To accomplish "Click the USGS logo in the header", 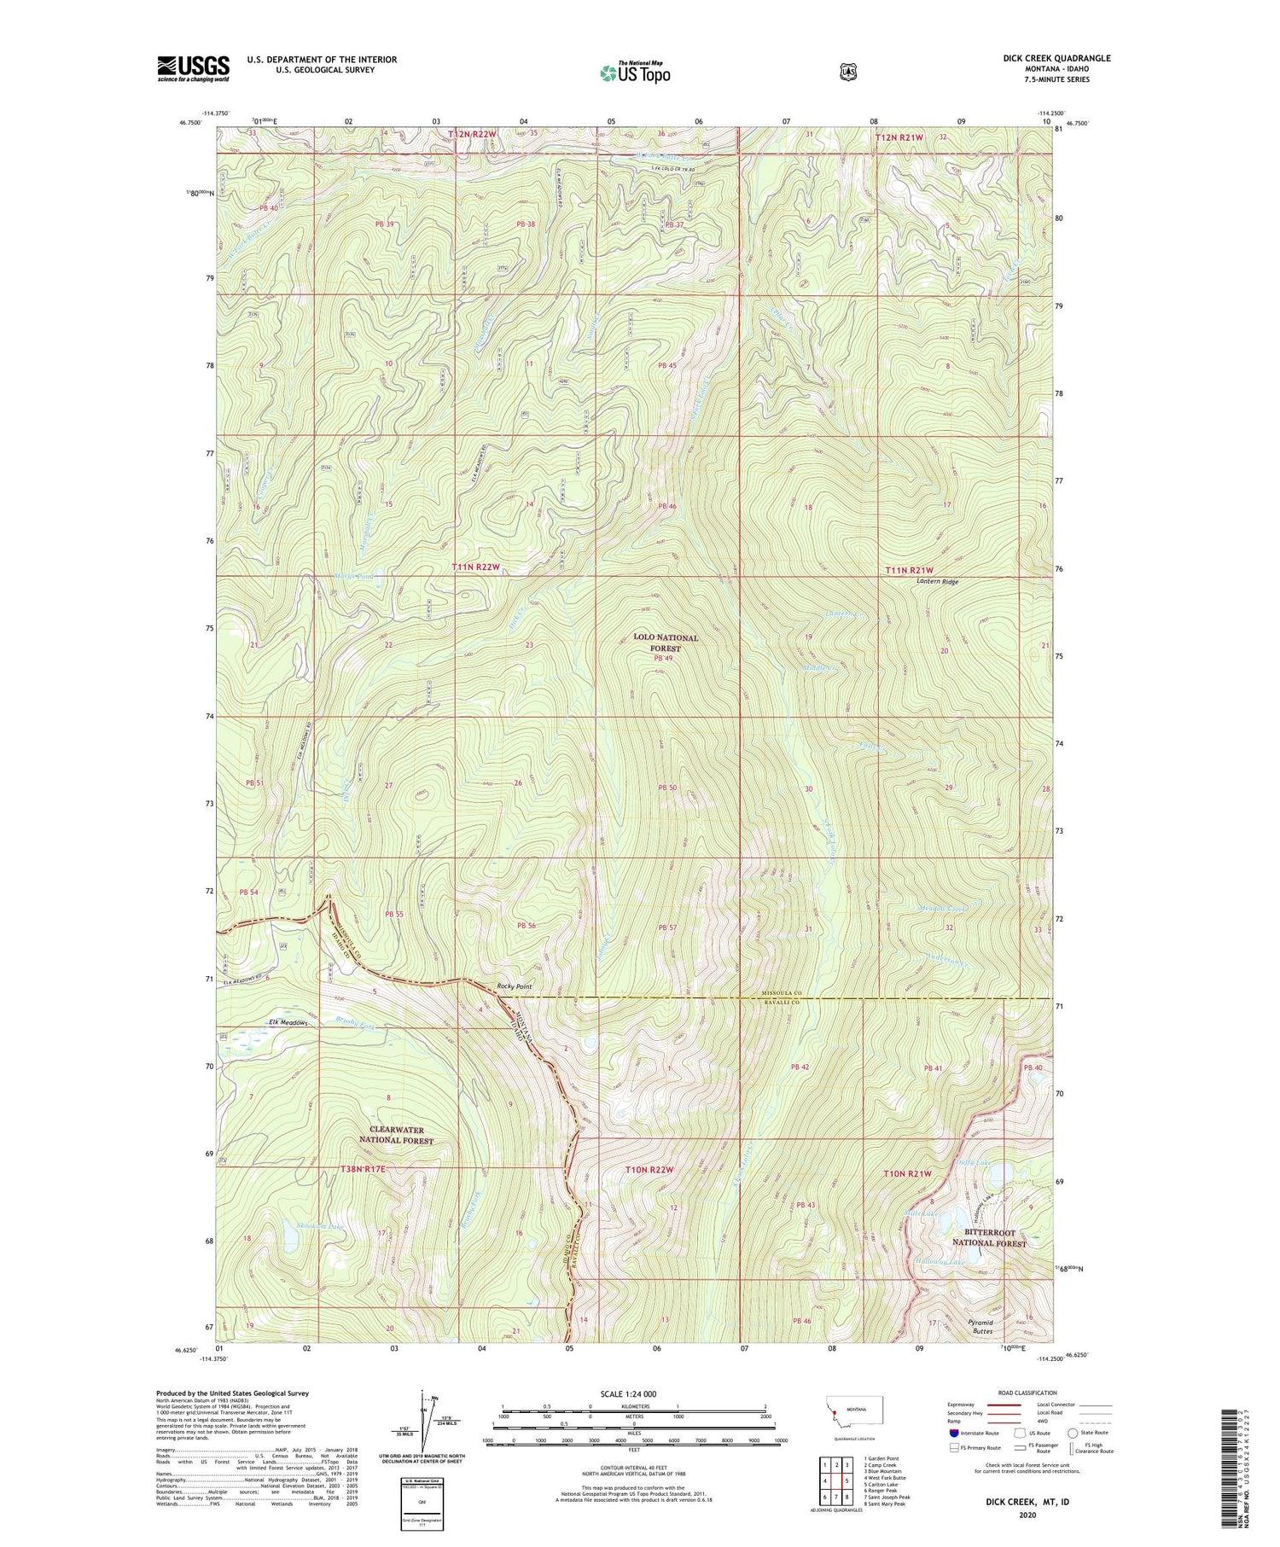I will pyautogui.click(x=193, y=68).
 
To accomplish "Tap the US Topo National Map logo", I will pyautogui.click(x=635, y=72).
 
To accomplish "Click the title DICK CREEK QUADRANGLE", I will pyautogui.click(x=1056, y=58).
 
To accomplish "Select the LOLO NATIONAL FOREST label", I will pyautogui.click(x=666, y=643).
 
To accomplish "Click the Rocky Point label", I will pyautogui.click(x=515, y=986).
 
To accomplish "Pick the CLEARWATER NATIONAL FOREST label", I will pyautogui.click(x=396, y=1135).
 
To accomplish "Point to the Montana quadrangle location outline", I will pyautogui.click(x=854, y=1414).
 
